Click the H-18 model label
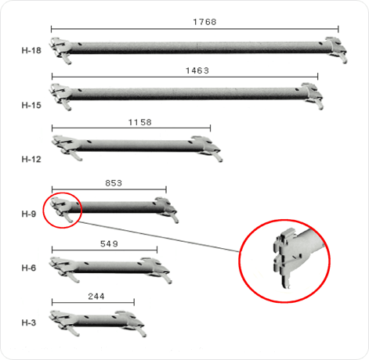[31, 50]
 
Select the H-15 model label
[31, 105]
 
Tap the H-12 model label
[31, 159]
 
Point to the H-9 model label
[29, 214]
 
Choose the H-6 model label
[29, 268]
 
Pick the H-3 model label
[29, 322]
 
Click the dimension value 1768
[204, 22]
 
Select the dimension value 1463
[197, 70]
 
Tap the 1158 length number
[140, 122]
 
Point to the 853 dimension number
[114, 183]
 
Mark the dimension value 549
[109, 243]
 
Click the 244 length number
[96, 297]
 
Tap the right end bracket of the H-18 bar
[337, 49]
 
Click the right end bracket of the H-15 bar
[313, 95]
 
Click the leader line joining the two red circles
[159, 237]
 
